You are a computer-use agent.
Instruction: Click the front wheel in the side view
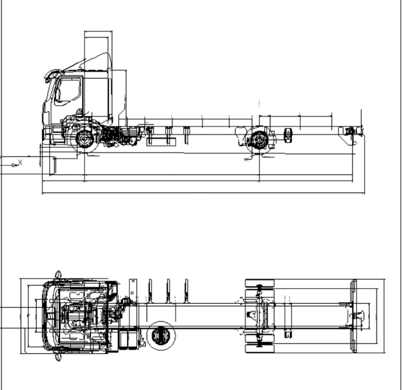[85, 139]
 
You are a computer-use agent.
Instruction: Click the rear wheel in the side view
[259, 140]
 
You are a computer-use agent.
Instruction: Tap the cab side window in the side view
[68, 91]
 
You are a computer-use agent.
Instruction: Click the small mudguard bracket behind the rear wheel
[288, 135]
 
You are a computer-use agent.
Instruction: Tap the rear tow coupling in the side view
[352, 131]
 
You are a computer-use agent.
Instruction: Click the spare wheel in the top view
[161, 335]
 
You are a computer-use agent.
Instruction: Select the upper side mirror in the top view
[58, 274]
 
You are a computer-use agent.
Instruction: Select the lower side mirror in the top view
[58, 357]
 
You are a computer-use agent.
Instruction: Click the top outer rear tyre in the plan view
[260, 283]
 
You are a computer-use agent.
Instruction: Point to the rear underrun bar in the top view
[354, 316]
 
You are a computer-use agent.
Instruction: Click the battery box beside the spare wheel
[129, 338]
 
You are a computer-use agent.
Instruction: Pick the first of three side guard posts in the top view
[150, 291]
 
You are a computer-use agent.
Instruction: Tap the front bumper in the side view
[47, 134]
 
